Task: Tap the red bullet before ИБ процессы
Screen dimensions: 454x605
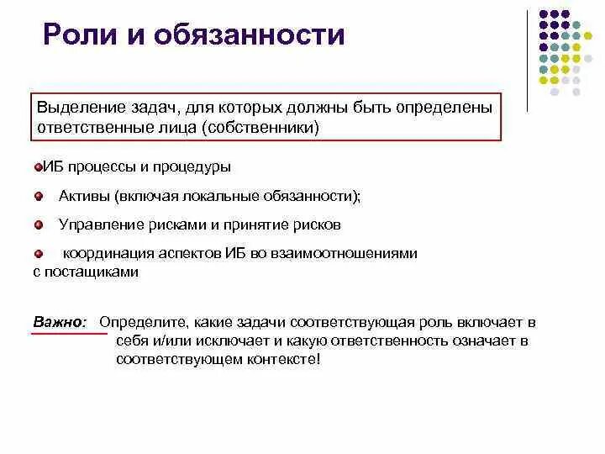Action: coord(38,167)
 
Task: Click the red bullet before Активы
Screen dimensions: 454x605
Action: coord(38,196)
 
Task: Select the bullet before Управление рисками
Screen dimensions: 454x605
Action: coord(38,224)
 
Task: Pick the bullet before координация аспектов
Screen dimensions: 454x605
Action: coord(38,252)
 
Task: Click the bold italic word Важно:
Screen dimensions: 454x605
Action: coord(59,321)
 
